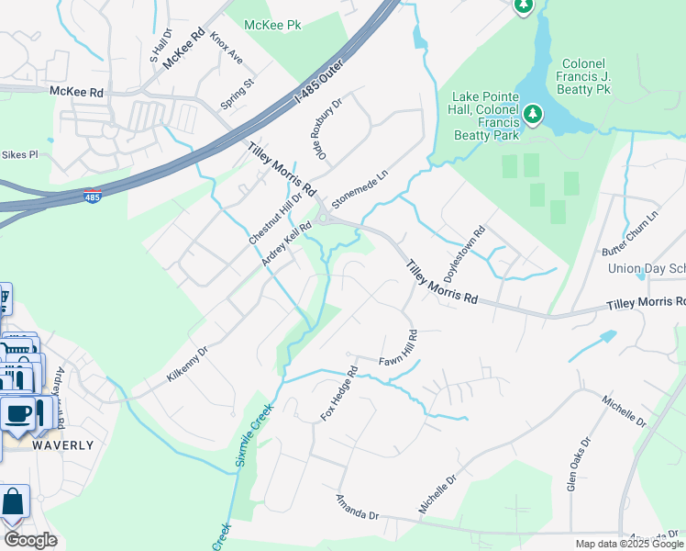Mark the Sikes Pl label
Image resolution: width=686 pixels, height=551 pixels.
coord(19,155)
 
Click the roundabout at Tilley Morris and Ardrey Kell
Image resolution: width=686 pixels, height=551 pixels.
coord(324,218)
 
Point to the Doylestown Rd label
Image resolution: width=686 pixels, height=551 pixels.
coord(463,254)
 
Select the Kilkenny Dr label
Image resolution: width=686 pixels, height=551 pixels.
coord(188,363)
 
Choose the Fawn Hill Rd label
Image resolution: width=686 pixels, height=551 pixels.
coord(399,349)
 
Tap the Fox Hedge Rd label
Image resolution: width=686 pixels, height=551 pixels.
coord(338,393)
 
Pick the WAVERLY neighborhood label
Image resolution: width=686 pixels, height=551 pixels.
coord(63,445)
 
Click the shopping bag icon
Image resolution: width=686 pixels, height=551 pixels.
coord(14,502)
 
